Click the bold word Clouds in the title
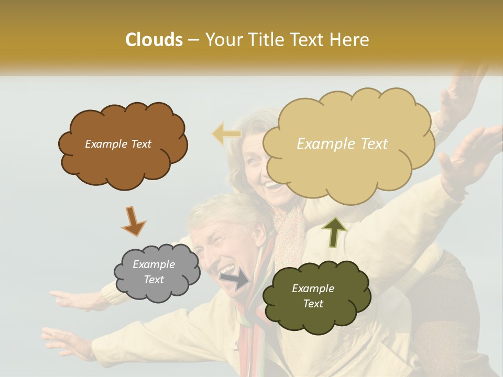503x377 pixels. (x=154, y=40)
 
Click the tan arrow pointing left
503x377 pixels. (x=227, y=135)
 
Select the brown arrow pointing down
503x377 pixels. (x=134, y=221)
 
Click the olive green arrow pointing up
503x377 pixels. (x=334, y=231)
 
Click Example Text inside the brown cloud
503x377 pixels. (x=118, y=144)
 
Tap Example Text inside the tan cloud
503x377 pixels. (x=342, y=144)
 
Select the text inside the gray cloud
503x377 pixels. (x=154, y=272)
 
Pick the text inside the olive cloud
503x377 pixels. (x=313, y=296)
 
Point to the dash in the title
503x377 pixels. (x=193, y=40)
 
